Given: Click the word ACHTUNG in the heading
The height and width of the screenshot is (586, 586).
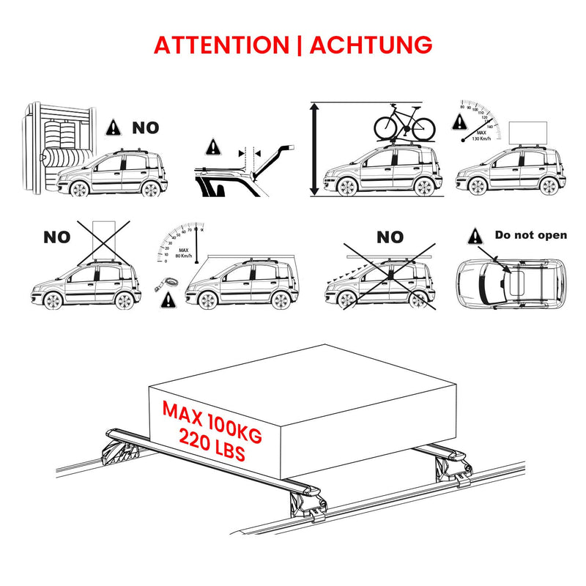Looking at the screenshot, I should tap(371, 44).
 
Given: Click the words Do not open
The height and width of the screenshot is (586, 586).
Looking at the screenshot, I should tap(531, 235).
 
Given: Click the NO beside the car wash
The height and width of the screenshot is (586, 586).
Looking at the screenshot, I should tap(145, 127).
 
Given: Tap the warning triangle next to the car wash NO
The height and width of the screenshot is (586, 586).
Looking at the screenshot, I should tap(114, 127).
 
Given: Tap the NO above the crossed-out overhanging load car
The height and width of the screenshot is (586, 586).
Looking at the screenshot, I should tap(390, 237).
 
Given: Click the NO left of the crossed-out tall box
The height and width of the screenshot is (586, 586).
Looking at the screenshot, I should tap(56, 237).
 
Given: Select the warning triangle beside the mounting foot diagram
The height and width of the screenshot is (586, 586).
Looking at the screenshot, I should tap(212, 146).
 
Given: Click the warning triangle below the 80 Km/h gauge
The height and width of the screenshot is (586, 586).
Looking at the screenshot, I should tap(170, 299).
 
